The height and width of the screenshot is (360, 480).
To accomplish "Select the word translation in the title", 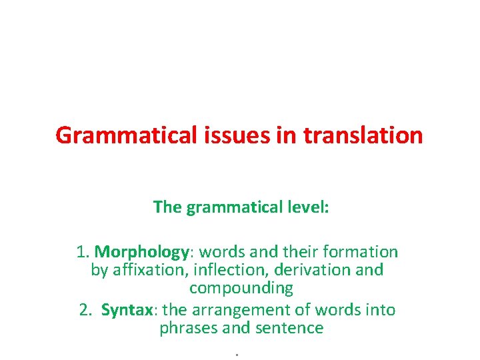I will [363, 135].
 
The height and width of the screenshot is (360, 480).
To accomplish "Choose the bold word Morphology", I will [142, 252].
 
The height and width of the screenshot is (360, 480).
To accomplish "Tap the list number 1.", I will [83, 252].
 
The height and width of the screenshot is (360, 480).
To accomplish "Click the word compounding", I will [241, 288].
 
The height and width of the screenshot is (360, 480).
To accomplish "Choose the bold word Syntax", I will [127, 310].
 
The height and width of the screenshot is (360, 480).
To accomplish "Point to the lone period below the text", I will [237, 353].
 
